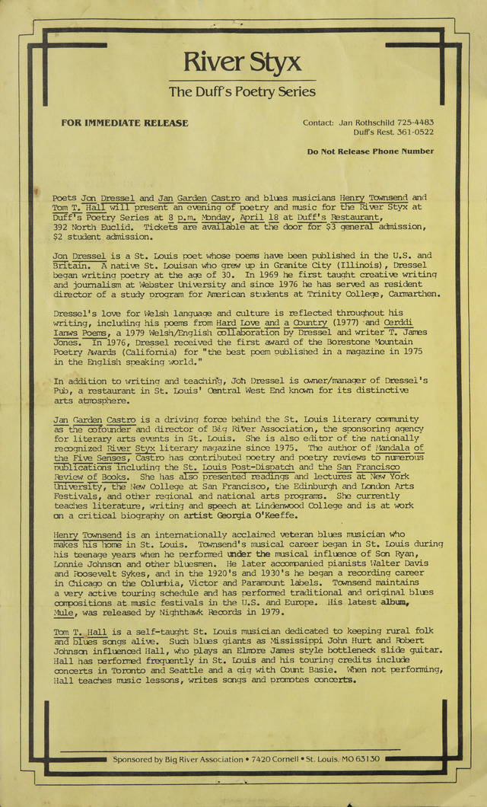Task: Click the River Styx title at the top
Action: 242,62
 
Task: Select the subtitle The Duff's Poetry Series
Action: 242,92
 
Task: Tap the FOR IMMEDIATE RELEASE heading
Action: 125,123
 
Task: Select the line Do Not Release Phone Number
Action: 371,152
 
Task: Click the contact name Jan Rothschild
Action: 360,123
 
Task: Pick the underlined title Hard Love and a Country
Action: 260,323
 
